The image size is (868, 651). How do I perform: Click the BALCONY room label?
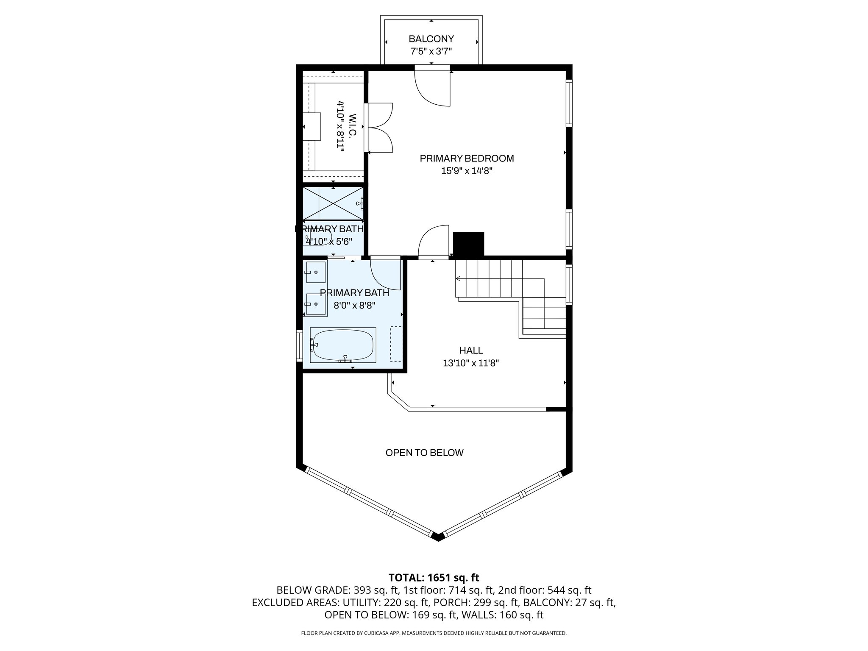click(431, 39)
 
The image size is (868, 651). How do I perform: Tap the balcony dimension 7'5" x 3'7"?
click(431, 52)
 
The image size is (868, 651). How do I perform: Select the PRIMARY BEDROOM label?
click(467, 159)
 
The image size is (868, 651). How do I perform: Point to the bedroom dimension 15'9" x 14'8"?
click(467, 171)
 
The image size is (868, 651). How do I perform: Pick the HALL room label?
click(471, 351)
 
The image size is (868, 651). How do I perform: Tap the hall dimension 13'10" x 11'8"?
click(471, 363)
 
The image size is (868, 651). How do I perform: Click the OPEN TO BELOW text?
click(424, 453)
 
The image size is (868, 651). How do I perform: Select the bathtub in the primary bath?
click(343, 345)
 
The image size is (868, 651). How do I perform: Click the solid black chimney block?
click(468, 244)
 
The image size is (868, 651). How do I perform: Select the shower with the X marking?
click(333, 203)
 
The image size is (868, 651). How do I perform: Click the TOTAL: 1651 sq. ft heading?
click(434, 577)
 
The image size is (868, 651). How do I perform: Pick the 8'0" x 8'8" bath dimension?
click(354, 306)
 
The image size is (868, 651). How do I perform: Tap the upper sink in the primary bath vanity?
click(316, 272)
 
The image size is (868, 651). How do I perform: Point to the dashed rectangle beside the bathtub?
click(396, 344)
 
